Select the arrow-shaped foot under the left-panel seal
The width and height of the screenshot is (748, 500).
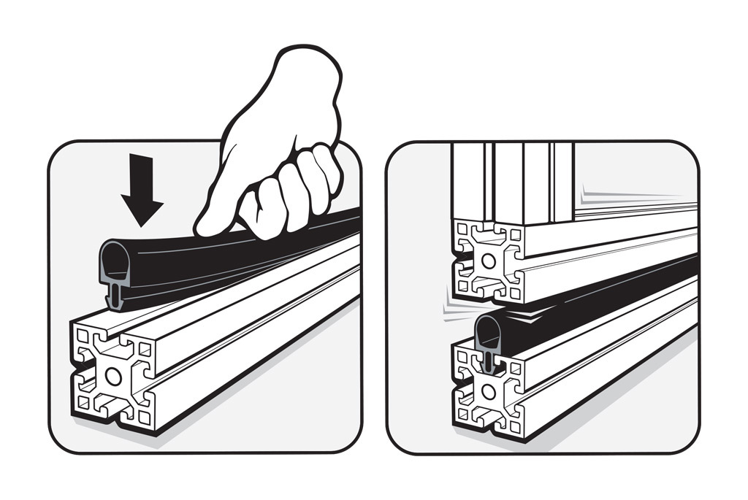click(x=115, y=295)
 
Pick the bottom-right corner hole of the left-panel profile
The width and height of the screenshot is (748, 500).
click(x=145, y=417)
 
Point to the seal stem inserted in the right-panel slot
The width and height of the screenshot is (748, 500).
click(x=489, y=360)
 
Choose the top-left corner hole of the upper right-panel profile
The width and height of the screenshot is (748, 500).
click(x=461, y=228)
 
